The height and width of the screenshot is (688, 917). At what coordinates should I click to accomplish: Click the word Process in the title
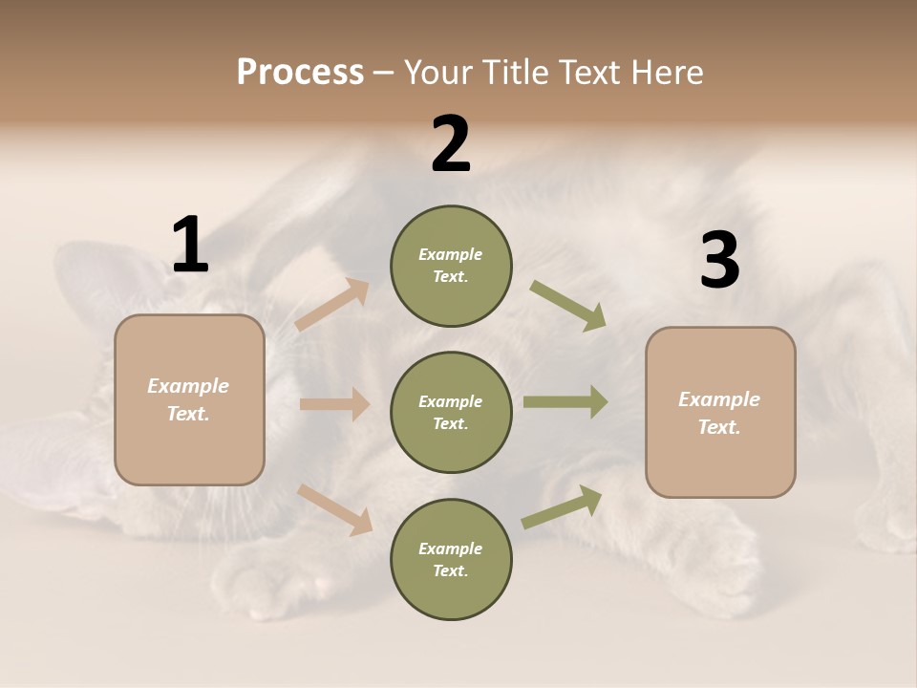[300, 73]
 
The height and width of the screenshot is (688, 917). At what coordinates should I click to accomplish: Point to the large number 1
[190, 246]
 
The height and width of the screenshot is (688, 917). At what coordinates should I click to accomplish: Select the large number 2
[451, 144]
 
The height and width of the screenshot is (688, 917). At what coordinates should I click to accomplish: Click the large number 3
[719, 261]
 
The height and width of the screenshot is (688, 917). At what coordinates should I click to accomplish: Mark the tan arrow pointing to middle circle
[334, 404]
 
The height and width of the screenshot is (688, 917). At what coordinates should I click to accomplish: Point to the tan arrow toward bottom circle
[335, 509]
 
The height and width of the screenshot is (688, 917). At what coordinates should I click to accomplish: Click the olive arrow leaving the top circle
[568, 305]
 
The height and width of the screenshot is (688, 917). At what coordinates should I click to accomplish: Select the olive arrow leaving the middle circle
[565, 401]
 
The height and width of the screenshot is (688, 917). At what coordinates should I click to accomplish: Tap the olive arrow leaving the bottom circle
[563, 506]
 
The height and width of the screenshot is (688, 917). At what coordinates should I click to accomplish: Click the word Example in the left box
[188, 386]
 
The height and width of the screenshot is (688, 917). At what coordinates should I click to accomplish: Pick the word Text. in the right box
[719, 427]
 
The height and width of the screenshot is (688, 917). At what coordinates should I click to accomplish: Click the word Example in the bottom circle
[451, 548]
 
